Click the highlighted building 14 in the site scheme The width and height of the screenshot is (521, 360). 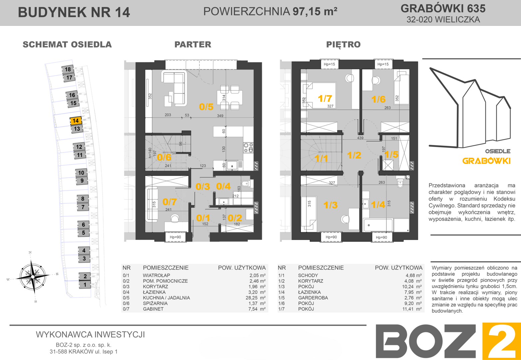(76, 121)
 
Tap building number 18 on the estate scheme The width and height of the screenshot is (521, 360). (68, 69)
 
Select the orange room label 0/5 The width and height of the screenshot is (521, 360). (206, 107)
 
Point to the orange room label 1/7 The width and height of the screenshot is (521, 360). (325, 98)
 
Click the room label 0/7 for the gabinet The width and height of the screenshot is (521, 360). (170, 202)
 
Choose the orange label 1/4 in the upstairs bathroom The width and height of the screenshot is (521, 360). (378, 205)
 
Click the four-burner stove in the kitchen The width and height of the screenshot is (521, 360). (248, 148)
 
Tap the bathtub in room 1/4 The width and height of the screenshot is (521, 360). (378, 225)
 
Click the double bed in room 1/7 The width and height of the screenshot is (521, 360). (319, 95)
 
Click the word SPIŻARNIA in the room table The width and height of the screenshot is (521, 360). (155, 303)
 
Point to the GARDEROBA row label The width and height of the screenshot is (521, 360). (313, 298)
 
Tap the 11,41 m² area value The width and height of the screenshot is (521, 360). (412, 309)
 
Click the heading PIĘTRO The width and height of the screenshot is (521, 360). (343, 44)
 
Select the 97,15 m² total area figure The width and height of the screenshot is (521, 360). (315, 11)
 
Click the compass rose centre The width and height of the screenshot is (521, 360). (33, 277)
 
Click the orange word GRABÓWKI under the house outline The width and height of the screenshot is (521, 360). (486, 161)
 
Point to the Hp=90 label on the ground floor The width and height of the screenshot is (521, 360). (175, 237)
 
